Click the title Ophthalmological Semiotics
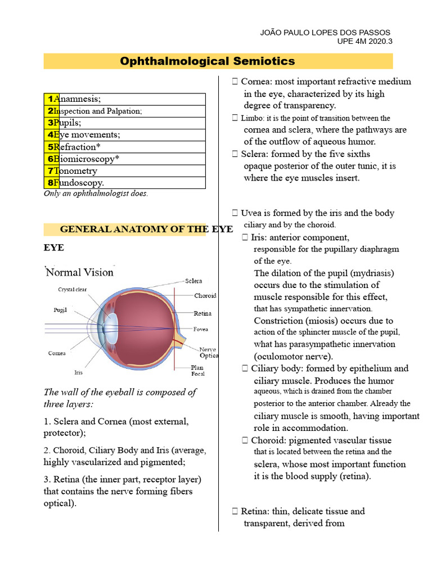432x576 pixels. click(x=207, y=61)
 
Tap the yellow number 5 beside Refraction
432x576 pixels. click(x=51, y=147)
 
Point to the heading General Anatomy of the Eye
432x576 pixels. click(x=138, y=229)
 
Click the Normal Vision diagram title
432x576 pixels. click(x=79, y=272)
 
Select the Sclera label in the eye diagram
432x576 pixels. click(x=193, y=281)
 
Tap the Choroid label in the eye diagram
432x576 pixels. click(x=205, y=295)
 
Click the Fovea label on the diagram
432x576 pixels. click(x=201, y=329)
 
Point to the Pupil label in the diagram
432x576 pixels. click(x=60, y=310)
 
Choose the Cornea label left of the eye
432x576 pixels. click(x=57, y=353)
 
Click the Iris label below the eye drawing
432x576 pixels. click(x=78, y=372)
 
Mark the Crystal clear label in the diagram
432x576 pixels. click(x=72, y=290)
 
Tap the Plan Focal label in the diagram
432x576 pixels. click(x=197, y=371)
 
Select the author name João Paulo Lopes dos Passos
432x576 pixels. click(x=325, y=33)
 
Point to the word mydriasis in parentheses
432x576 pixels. click(x=371, y=273)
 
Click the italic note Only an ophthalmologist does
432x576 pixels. click(x=96, y=193)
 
